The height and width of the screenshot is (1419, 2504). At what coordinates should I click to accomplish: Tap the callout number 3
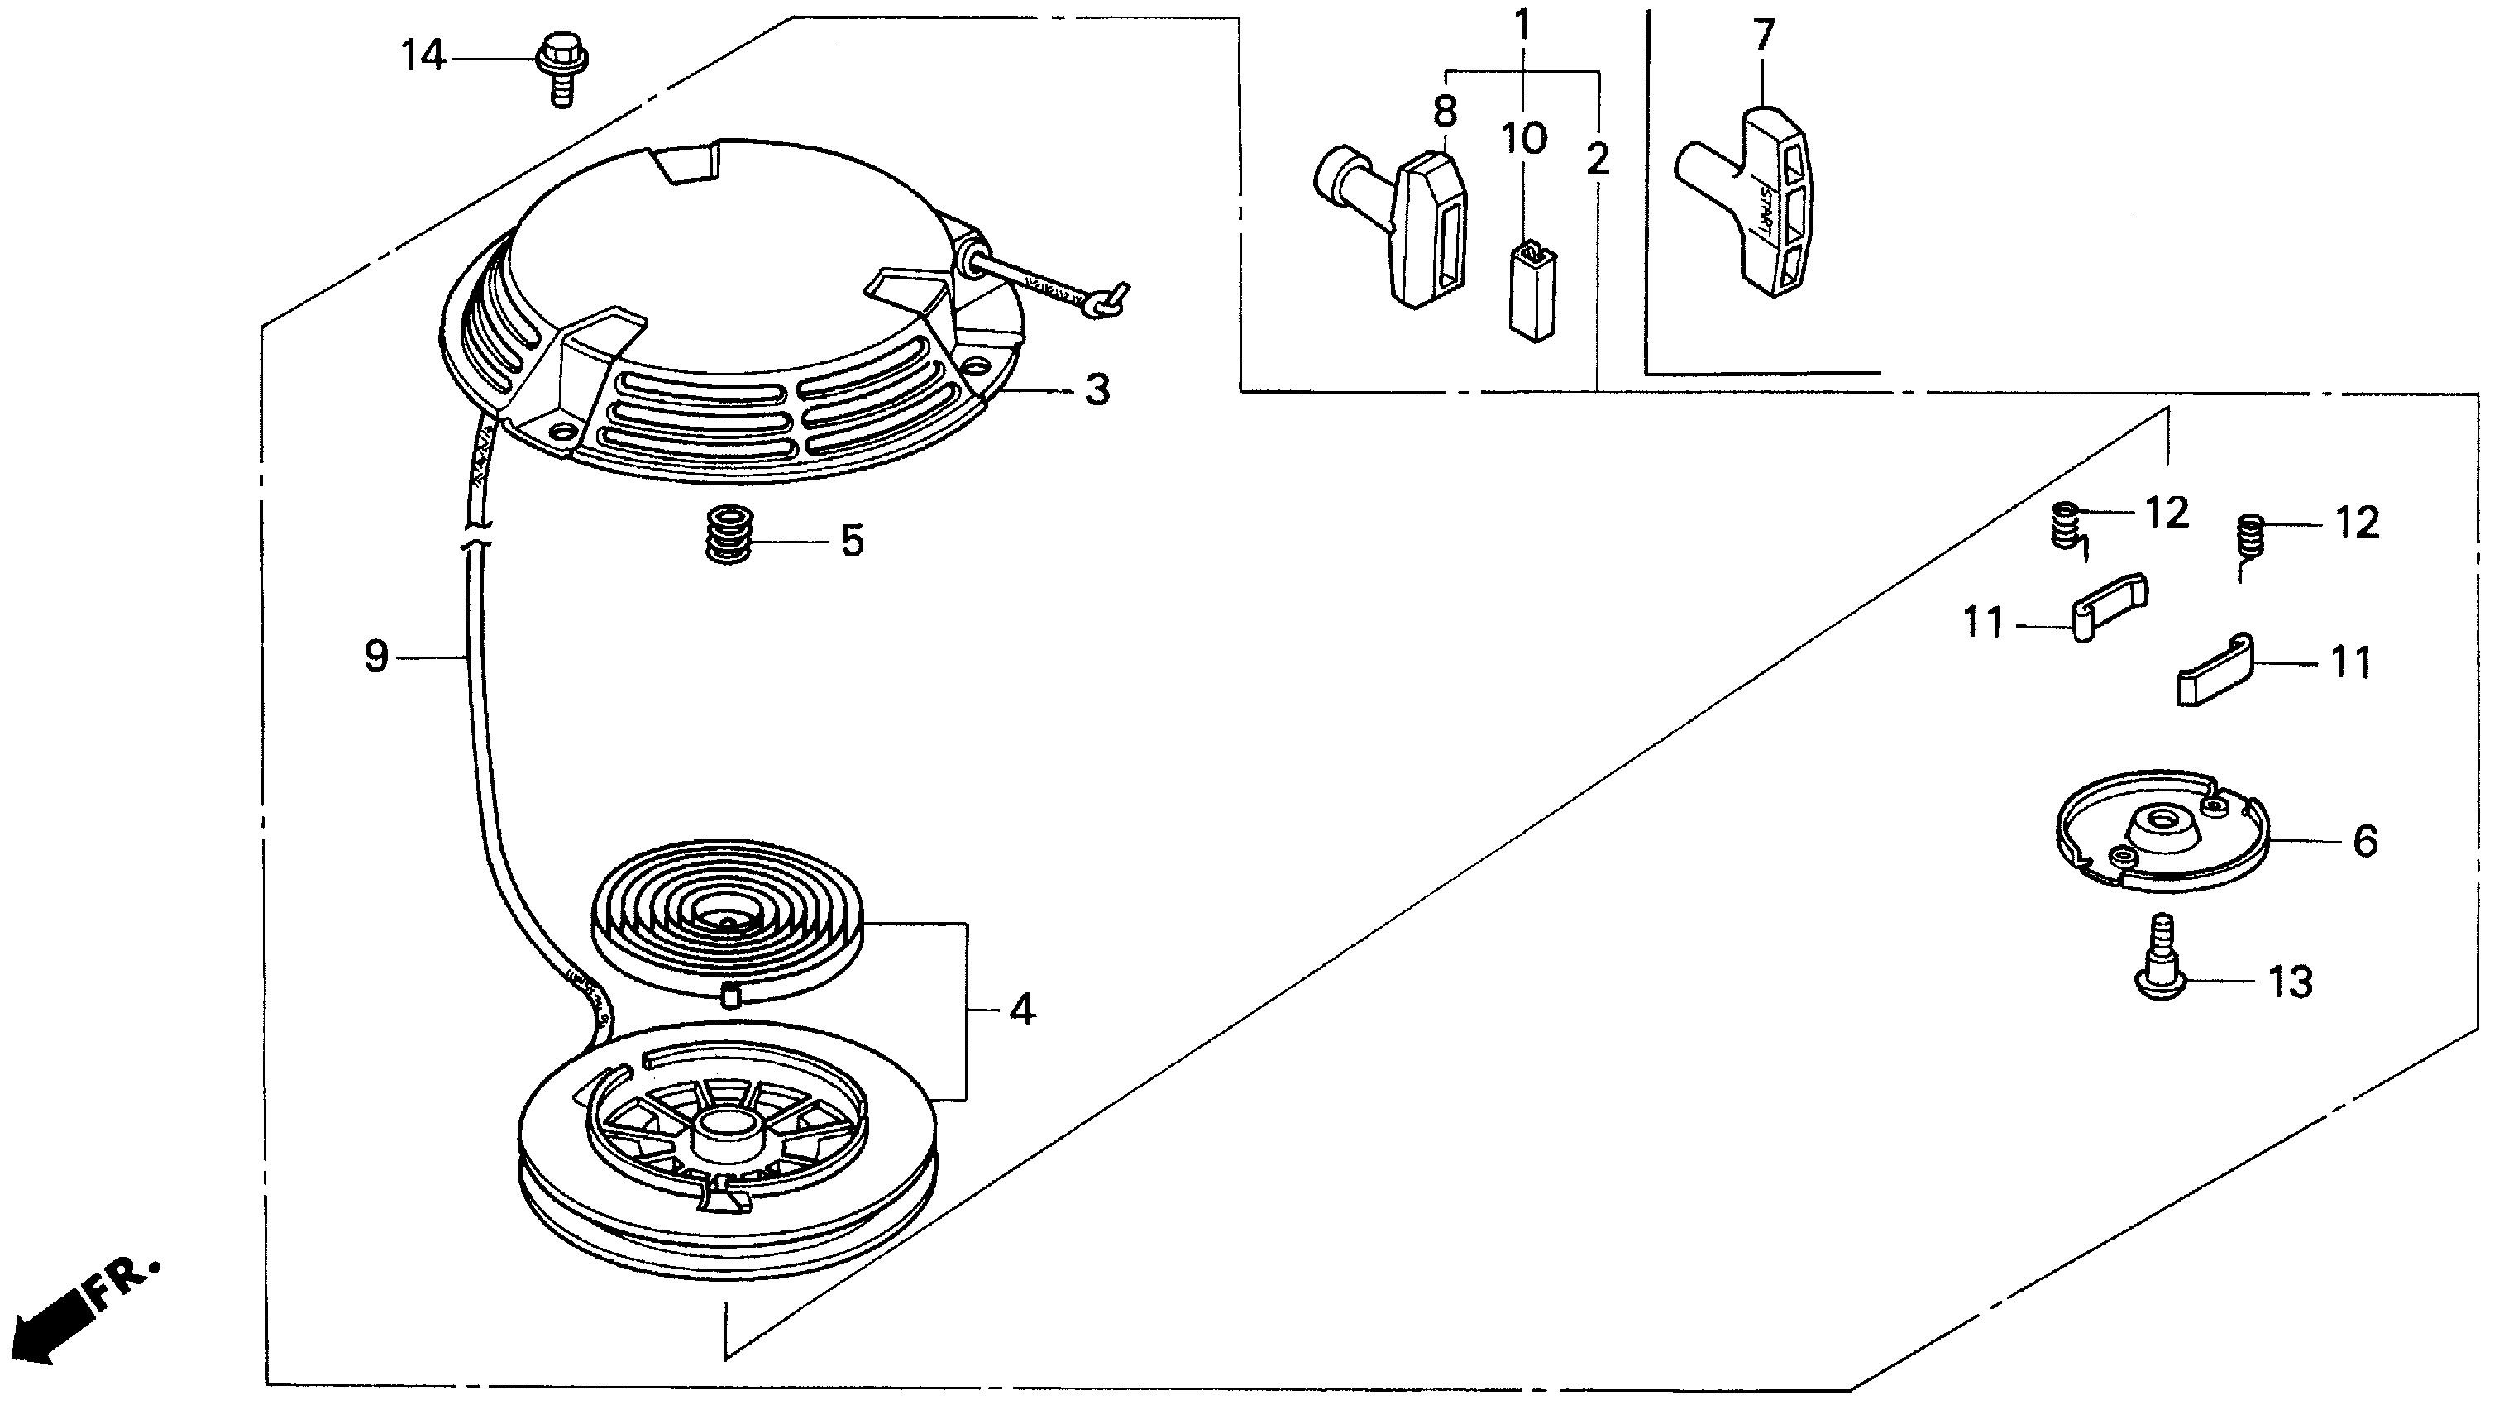point(1097,391)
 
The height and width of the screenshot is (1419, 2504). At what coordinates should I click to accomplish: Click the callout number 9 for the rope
point(377,657)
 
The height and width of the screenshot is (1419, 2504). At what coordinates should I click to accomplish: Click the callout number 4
point(1021,1010)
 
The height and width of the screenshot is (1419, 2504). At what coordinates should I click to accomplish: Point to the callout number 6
point(2365,840)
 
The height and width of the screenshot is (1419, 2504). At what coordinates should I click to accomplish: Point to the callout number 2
point(1597,160)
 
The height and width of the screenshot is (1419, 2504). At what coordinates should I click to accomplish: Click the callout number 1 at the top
point(1522,23)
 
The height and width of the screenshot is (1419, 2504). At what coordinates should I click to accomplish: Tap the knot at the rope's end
point(1108,304)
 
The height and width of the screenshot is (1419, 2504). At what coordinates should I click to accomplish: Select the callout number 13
point(2290,982)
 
